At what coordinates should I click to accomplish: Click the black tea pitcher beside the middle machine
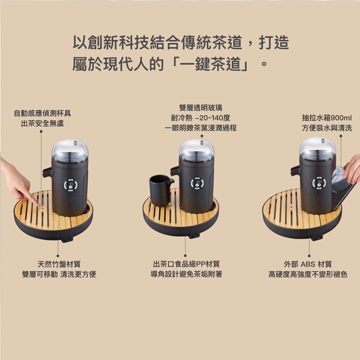point(161,190)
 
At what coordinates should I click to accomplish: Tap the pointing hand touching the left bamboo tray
point(17,181)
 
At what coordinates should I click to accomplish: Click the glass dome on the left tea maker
point(70,151)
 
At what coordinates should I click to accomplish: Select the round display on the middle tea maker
point(197,183)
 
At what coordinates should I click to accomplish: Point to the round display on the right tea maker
point(319,183)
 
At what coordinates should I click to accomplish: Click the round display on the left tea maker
point(70,184)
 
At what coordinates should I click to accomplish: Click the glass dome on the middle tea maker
point(196,150)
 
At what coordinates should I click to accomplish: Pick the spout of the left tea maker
point(47,172)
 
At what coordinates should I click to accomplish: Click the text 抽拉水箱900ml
point(327,118)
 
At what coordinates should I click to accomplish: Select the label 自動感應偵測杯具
point(42,113)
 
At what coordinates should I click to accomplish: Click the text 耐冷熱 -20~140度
point(200,118)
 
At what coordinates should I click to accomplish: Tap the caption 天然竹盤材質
point(59,264)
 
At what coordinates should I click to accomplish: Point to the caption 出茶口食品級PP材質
point(186,264)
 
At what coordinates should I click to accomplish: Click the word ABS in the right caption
point(308,264)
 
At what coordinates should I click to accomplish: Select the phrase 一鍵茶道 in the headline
point(213,64)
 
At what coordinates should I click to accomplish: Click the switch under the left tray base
point(67,240)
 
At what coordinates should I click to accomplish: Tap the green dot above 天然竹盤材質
point(58,255)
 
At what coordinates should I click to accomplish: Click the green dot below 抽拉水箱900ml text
point(341,136)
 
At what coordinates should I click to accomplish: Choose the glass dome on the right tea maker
point(317,148)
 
